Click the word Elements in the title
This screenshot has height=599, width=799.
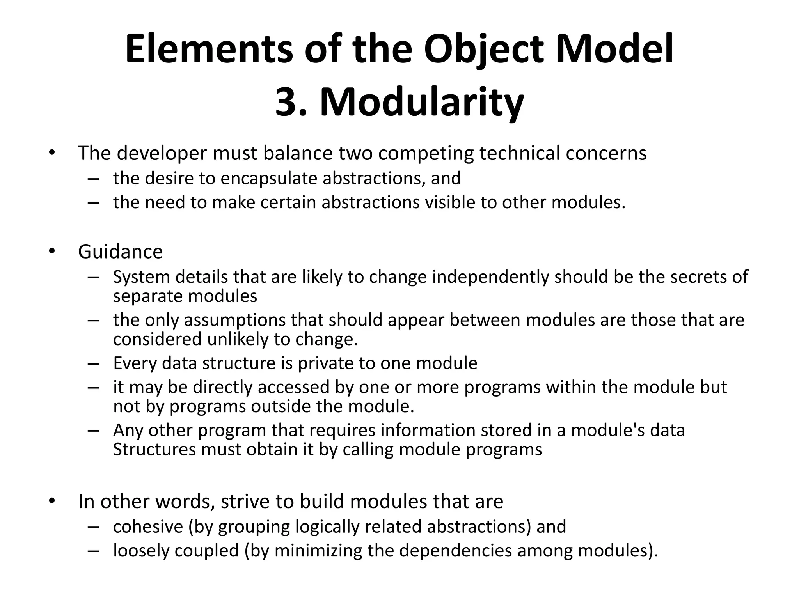[209, 50]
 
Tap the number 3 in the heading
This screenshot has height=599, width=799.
[287, 102]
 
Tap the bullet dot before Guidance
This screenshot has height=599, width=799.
[52, 252]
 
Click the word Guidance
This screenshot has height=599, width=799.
[120, 252]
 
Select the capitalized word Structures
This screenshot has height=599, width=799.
[154, 449]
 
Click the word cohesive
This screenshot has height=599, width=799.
[148, 526]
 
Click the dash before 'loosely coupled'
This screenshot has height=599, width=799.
[94, 551]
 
